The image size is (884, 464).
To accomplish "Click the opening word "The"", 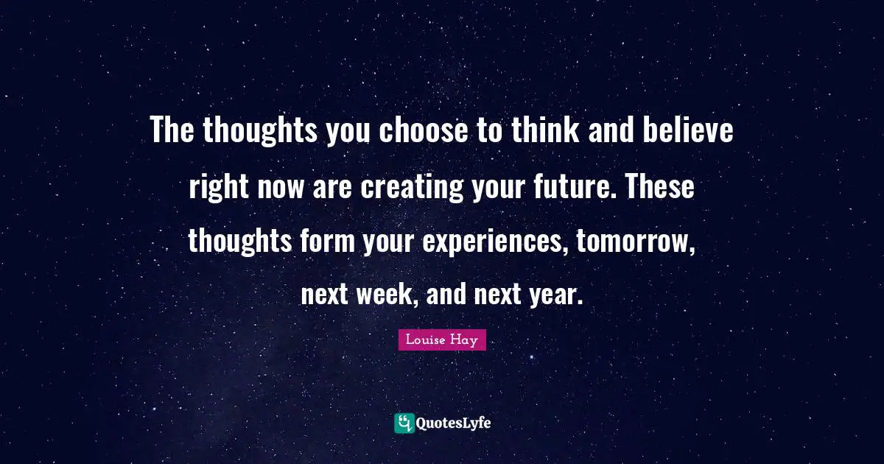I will coord(172,132).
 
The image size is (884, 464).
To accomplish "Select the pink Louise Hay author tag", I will coord(442,340).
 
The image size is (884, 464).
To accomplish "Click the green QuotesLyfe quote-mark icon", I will coord(404,423).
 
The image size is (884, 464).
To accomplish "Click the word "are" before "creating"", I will coord(335,187).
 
